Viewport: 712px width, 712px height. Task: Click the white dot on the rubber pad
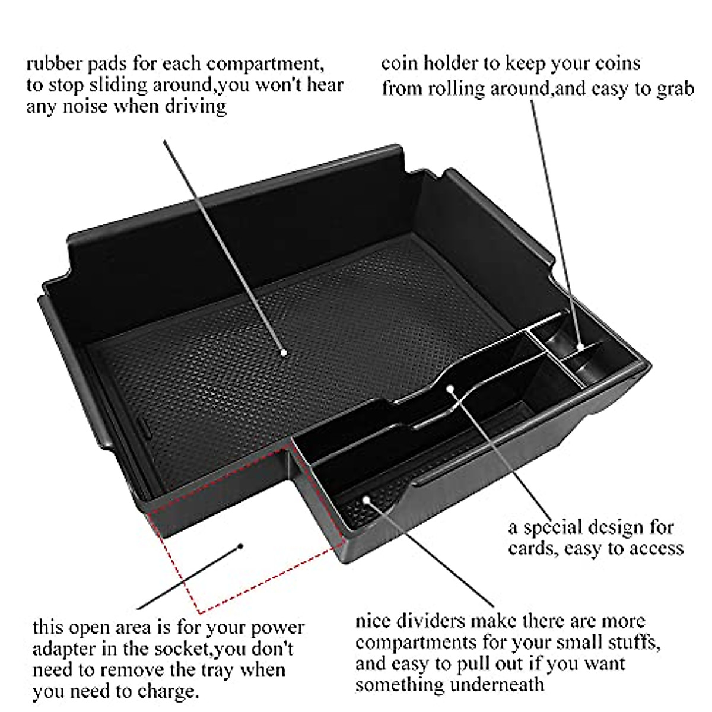tap(284, 352)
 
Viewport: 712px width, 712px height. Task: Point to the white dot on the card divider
tap(450, 389)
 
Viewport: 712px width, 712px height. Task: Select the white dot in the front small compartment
tap(366, 500)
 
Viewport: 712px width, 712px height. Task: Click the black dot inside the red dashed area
tap(240, 546)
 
